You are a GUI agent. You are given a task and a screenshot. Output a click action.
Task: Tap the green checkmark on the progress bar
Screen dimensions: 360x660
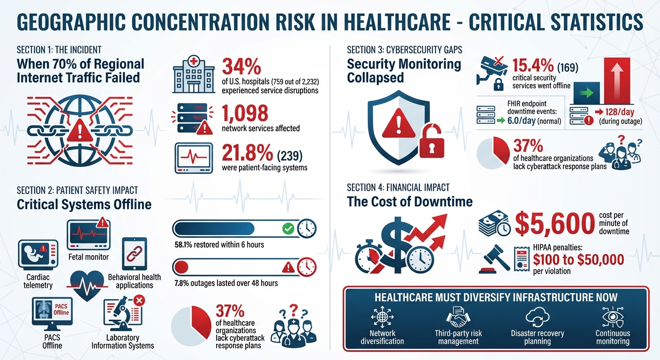288,229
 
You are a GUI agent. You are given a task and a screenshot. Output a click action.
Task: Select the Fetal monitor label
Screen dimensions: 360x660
88,256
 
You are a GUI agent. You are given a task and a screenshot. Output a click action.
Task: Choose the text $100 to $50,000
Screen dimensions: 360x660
578,259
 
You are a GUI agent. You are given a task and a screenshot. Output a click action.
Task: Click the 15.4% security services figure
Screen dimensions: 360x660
535,66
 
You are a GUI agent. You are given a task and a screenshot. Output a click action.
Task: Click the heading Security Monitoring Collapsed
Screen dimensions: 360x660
404,70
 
